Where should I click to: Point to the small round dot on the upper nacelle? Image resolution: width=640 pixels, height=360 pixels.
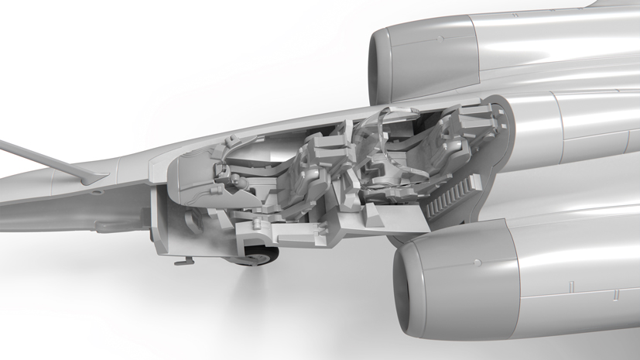pos(440,38)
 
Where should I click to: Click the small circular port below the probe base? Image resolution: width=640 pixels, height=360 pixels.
pos(99,190)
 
